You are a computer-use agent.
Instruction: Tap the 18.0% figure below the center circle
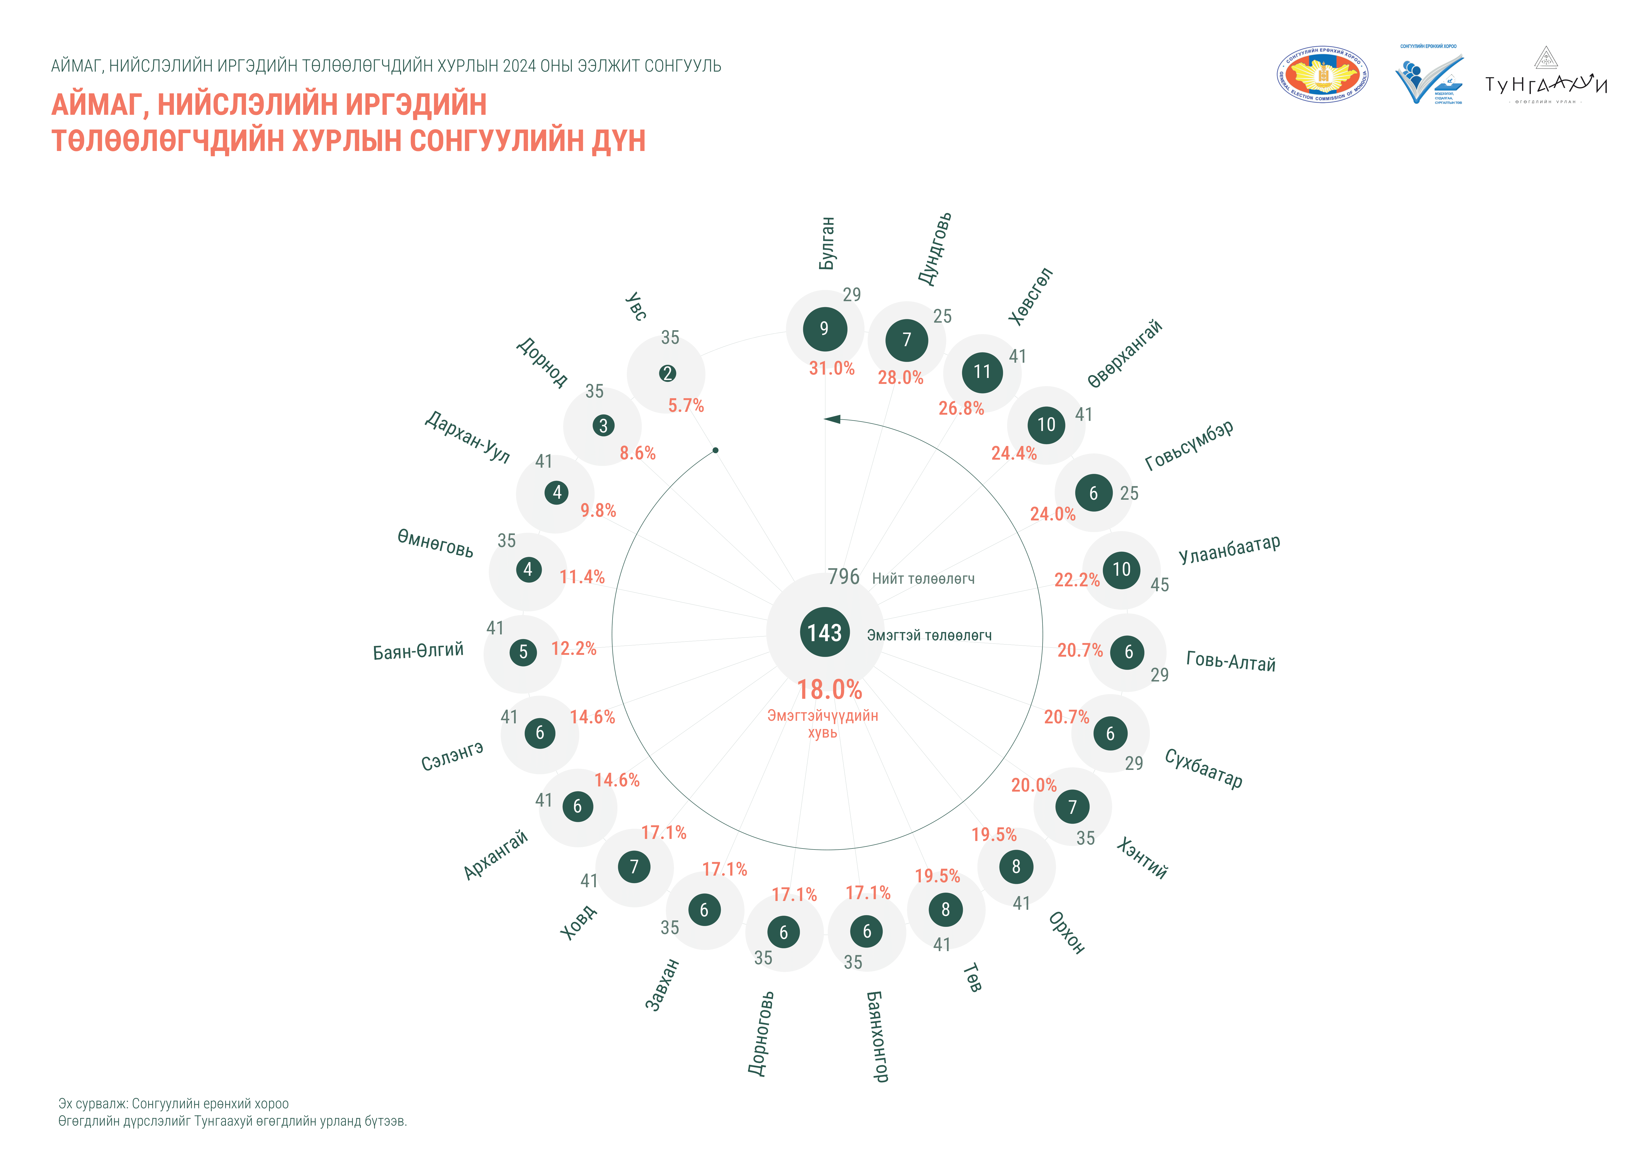tap(829, 690)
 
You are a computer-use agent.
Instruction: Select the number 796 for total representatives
tap(844, 577)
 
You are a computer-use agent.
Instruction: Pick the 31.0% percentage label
tap(831, 369)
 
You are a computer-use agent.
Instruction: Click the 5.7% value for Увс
tap(685, 406)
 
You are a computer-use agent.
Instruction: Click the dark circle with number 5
tap(523, 652)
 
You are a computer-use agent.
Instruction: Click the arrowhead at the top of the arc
tap(832, 419)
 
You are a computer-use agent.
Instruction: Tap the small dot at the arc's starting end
tap(715, 450)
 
